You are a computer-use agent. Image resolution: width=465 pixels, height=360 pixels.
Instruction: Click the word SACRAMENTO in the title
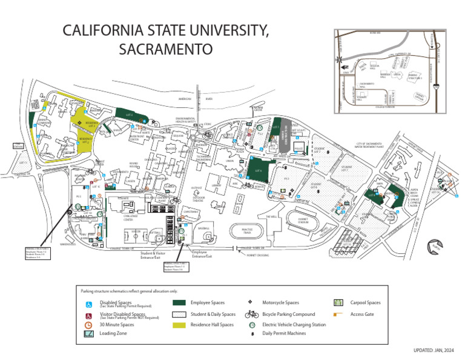(x=165, y=49)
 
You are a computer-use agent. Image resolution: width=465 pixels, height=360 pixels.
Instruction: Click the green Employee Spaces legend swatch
(x=179, y=302)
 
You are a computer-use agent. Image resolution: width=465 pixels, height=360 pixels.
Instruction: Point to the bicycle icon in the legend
(x=251, y=314)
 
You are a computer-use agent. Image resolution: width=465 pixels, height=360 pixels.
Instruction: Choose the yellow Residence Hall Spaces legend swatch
(x=179, y=325)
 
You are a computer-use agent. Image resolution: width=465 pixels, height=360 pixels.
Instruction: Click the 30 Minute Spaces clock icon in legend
(x=88, y=325)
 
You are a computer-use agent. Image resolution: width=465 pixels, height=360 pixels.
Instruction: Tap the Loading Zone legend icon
(x=88, y=334)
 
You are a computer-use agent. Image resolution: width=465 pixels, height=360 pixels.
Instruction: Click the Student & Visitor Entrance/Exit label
(x=153, y=255)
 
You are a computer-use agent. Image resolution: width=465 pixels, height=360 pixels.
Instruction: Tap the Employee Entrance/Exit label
(x=202, y=255)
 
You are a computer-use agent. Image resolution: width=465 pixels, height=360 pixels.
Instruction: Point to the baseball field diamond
(x=204, y=233)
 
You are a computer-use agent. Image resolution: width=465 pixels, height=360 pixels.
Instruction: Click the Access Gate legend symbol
(x=339, y=314)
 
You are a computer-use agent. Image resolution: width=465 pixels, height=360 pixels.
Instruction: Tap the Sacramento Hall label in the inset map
(x=367, y=86)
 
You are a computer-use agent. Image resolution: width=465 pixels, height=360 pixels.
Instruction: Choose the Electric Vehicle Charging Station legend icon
(x=251, y=325)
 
